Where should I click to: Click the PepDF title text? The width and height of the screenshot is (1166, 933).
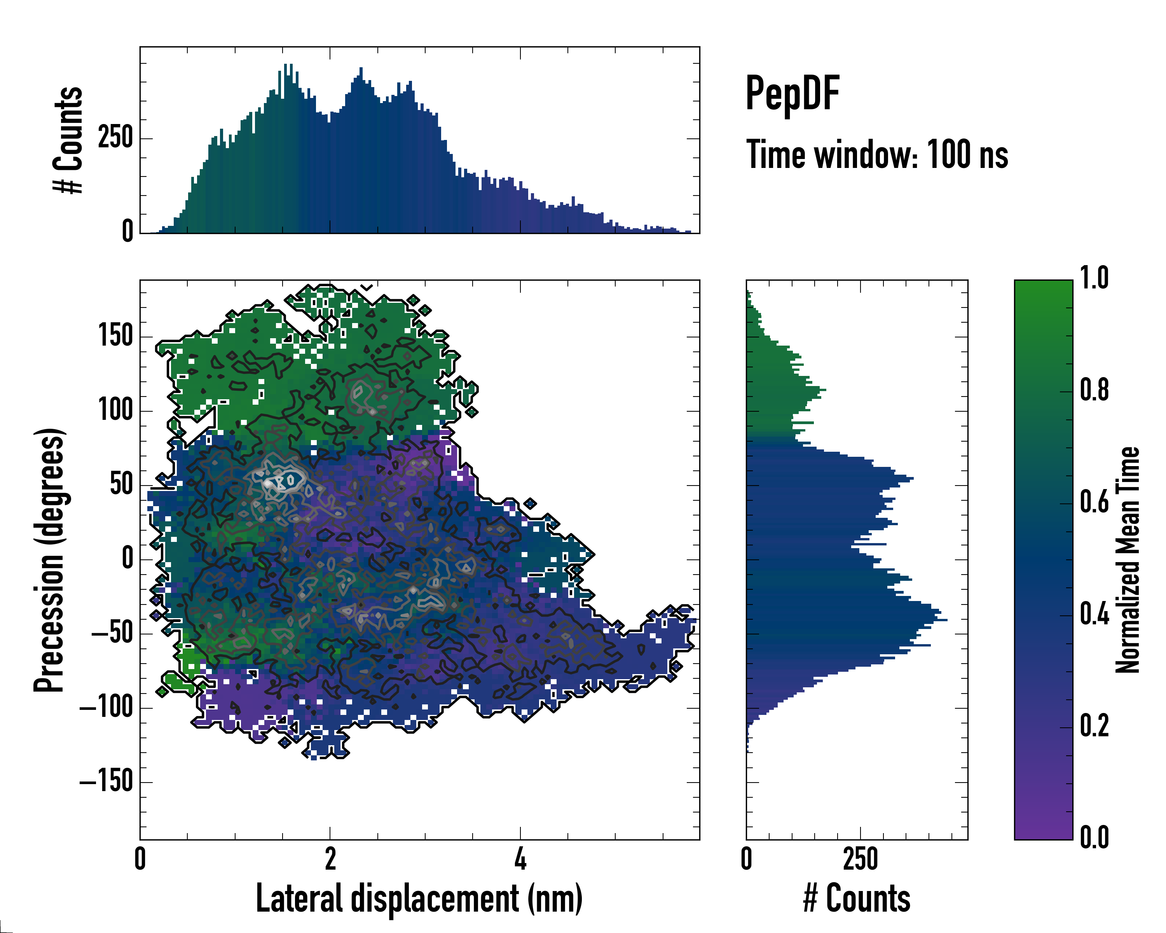792,94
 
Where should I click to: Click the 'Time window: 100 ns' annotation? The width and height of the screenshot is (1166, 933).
877,155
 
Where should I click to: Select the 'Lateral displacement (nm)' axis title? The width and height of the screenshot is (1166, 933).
419,898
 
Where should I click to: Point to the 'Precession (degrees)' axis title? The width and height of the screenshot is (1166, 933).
49,560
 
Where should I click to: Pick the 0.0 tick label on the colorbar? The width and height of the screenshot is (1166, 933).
1094,838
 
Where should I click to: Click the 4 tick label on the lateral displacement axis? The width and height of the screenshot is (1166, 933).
520,860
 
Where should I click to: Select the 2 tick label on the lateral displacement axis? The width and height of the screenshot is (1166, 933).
330,860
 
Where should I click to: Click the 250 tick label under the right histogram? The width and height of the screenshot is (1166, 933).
860,860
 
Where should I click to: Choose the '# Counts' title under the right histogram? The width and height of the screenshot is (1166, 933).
857,898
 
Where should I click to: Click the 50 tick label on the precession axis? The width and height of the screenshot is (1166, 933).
122,485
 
